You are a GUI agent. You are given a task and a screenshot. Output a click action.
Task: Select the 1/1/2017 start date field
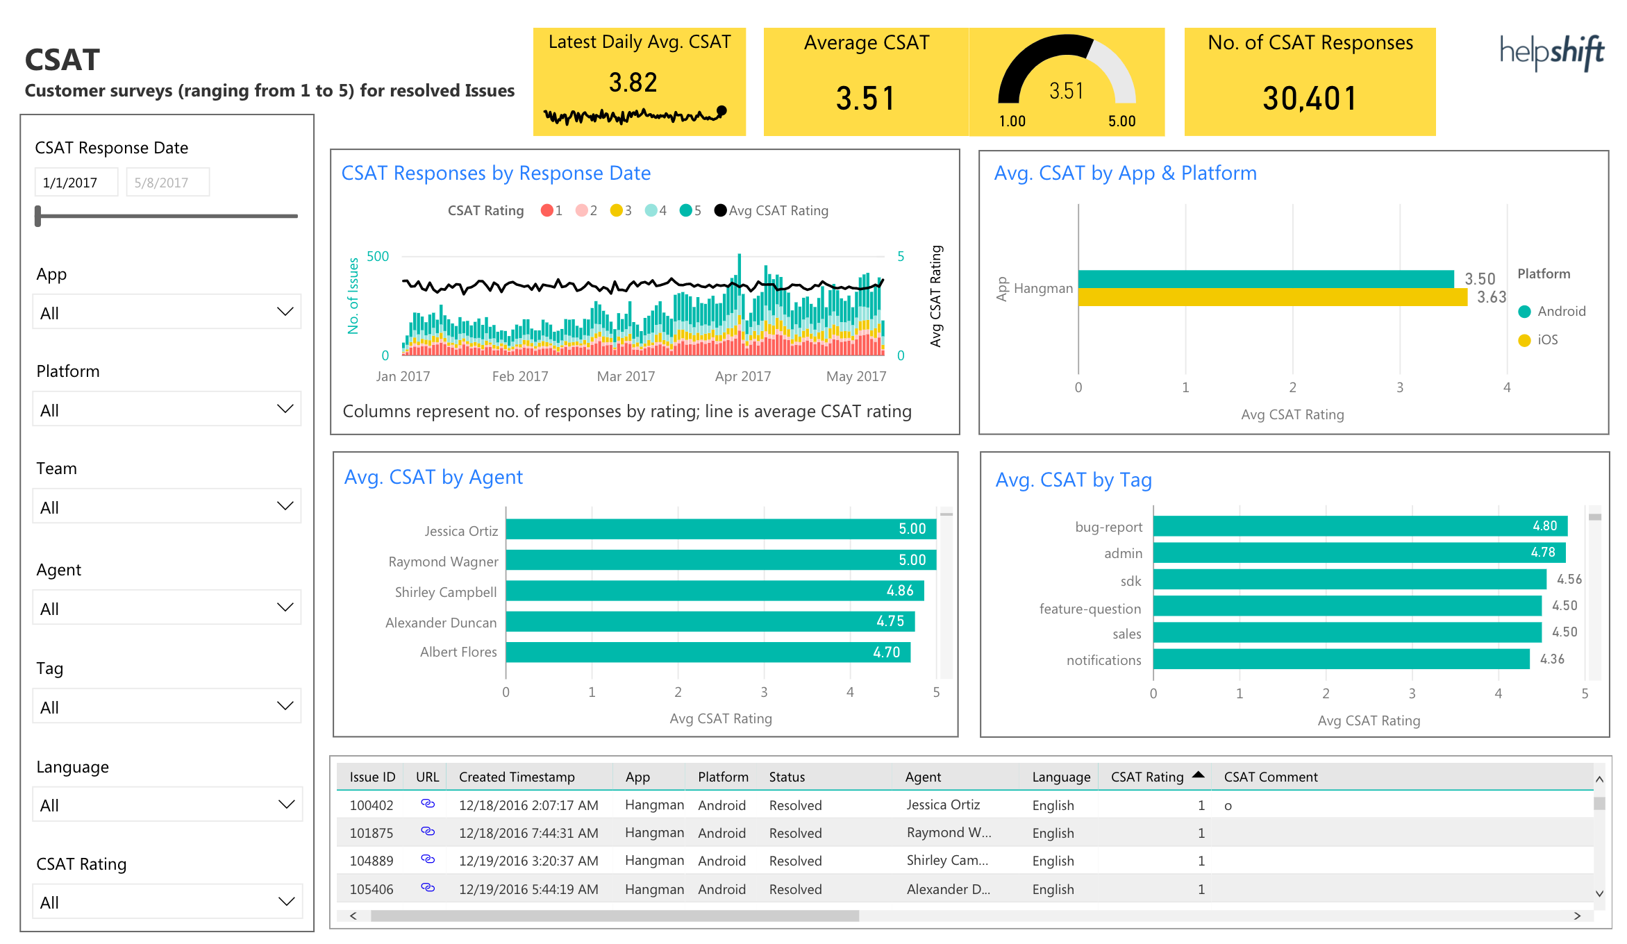pyautogui.click(x=76, y=183)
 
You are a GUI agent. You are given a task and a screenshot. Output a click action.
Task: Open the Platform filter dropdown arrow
pyautogui.click(x=285, y=409)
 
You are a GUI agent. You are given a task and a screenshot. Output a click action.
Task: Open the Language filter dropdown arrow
pyautogui.click(x=285, y=804)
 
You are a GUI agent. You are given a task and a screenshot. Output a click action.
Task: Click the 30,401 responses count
pyautogui.click(x=1309, y=99)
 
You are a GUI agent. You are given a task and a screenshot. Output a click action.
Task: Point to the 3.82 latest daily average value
pyautogui.click(x=633, y=83)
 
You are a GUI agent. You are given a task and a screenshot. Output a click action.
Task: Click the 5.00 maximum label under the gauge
pyautogui.click(x=1121, y=121)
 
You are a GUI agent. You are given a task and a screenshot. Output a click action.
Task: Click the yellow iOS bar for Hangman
pyautogui.click(x=1271, y=298)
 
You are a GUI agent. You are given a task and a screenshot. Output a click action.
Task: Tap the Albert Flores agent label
pyautogui.click(x=458, y=652)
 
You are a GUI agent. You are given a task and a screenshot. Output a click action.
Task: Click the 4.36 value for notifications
pyautogui.click(x=1552, y=659)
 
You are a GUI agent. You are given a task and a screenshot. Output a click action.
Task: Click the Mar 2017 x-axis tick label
pyautogui.click(x=626, y=376)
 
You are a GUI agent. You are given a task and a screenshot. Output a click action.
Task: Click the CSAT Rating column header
pyautogui.click(x=1146, y=777)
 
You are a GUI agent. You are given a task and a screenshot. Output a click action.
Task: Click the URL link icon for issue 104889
pyautogui.click(x=428, y=859)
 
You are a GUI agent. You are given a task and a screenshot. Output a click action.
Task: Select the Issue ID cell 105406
pyautogui.click(x=371, y=889)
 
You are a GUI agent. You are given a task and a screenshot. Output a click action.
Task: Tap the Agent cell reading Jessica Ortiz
pyautogui.click(x=943, y=804)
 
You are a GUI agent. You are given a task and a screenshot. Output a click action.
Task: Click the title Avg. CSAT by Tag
pyautogui.click(x=1073, y=480)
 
